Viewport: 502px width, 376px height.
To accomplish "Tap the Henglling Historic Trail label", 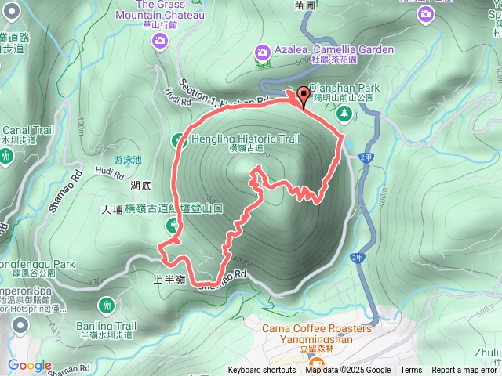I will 246,139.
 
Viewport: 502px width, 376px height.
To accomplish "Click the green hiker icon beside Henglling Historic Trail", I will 178,140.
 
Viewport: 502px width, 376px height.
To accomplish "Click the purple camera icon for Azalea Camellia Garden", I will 262,52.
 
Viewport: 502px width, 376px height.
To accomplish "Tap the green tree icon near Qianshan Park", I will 344,114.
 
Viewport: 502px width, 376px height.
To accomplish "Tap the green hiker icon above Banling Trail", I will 107,305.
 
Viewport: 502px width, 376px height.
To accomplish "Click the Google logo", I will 30,365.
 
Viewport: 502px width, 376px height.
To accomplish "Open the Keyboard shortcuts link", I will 262,371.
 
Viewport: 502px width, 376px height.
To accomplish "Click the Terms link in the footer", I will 411,371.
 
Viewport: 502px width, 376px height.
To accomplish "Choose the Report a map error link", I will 464,371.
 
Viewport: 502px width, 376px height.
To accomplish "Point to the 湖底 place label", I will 140,186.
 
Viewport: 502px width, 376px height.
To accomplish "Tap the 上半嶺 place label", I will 169,278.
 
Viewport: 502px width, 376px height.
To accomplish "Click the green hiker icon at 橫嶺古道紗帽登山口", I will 172,226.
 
